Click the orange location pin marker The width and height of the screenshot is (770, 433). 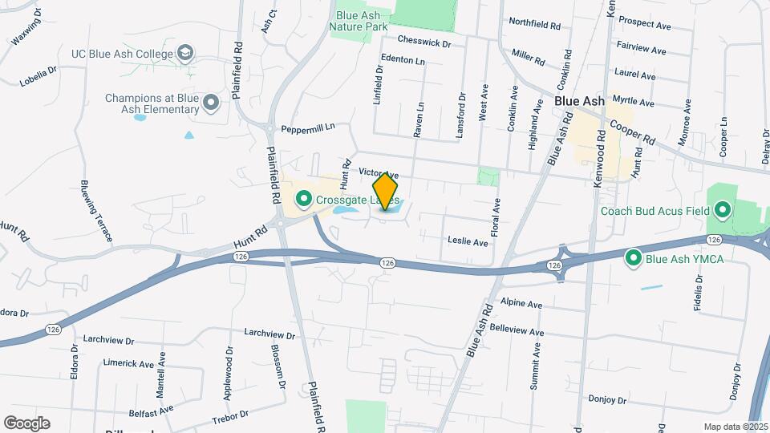point(386,191)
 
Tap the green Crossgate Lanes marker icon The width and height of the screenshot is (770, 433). point(304,197)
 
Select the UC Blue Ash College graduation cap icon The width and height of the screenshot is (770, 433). point(186,54)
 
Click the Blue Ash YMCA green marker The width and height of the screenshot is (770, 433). point(633,257)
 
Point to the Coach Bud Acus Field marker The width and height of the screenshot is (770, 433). point(722,212)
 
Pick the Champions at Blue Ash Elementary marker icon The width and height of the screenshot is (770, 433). point(211,103)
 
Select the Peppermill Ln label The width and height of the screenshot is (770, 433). point(307,127)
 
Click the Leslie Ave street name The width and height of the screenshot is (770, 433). point(468,241)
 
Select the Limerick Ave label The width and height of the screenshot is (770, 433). point(128,363)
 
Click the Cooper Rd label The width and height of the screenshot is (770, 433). point(633,127)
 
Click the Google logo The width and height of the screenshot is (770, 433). point(26,423)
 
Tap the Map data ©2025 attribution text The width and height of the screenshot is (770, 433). point(735,427)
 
